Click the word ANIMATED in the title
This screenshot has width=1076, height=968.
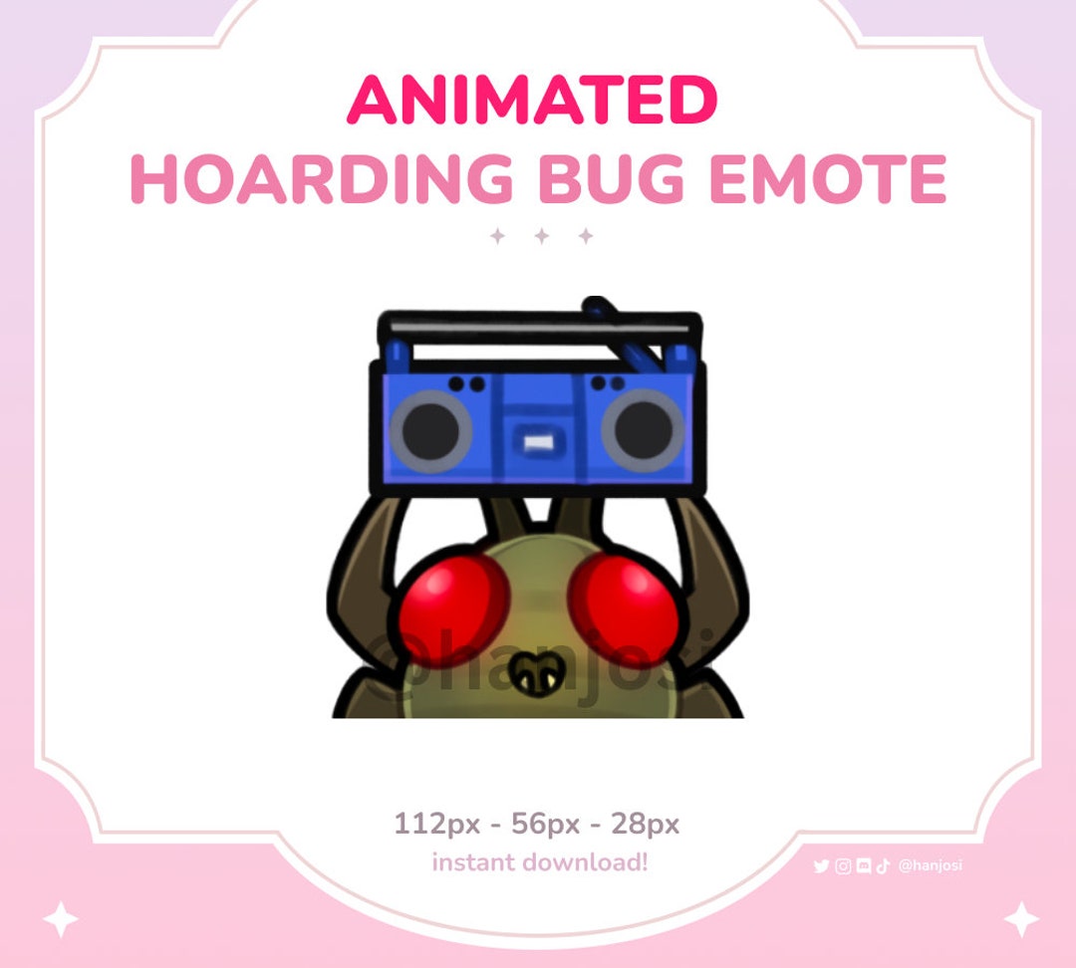[532, 101]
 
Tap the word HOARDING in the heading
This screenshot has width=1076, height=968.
[321, 179]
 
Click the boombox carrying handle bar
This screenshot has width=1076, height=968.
[538, 326]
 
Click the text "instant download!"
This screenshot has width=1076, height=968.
[539, 862]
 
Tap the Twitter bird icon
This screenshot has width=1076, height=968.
[821, 866]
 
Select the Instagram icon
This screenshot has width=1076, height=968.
[843, 866]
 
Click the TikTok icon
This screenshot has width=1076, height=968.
[883, 866]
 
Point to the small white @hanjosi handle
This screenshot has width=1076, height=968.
[930, 866]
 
